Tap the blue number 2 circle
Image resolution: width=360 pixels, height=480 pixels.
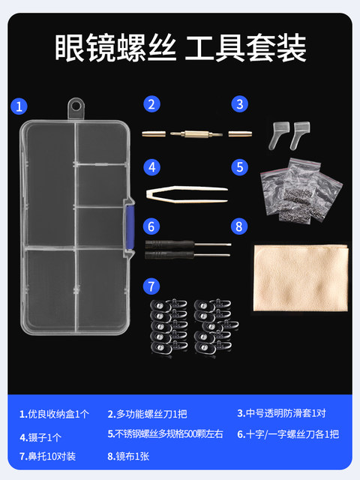pos(152,105)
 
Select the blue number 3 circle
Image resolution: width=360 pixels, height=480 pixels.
pos(239,105)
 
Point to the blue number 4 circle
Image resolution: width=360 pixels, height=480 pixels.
pos(152,166)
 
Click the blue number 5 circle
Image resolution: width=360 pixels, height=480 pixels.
pos(239,166)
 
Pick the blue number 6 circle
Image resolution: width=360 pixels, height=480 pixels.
pos(152,225)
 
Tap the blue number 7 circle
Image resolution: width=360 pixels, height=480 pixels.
pos(152,285)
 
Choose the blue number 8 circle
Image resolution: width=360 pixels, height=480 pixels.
pos(239,225)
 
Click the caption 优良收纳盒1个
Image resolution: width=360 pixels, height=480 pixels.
pos(54,414)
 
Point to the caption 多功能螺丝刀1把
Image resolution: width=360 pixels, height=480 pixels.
pos(147,414)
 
